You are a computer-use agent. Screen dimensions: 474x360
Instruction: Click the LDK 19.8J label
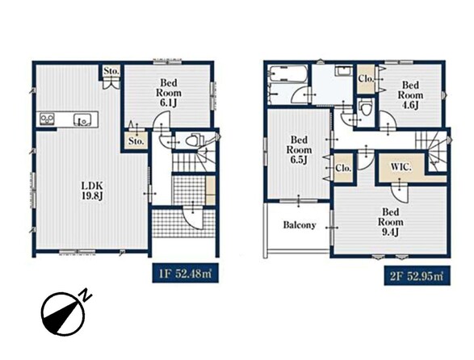pos(93,191)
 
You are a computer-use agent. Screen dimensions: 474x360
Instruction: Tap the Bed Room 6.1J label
pos(169,93)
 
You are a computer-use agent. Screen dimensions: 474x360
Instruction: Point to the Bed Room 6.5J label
pos(299,149)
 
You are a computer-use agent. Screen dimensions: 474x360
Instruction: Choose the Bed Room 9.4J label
pos(390,222)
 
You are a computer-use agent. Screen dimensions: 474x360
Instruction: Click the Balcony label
pos(300,225)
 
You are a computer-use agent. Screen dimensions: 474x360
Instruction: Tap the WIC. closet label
pos(401,167)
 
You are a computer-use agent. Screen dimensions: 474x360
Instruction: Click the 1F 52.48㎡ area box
pos(185,274)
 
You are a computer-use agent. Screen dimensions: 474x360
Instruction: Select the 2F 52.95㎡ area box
pos(417,276)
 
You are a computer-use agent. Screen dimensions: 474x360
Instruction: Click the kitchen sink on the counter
pos(82,119)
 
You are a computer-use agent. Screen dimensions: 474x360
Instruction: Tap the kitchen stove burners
pos(47,119)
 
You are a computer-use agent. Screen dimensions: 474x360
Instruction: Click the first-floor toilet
pos(192,140)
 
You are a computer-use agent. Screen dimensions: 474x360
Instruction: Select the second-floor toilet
pos(366,108)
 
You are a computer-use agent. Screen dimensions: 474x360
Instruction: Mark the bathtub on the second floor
pos(288,73)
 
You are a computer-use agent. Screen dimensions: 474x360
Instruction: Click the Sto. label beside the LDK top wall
pos(111,71)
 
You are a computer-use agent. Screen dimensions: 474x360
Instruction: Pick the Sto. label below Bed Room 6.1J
pos(136,141)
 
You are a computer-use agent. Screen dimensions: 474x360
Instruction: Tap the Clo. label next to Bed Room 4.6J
pos(367,78)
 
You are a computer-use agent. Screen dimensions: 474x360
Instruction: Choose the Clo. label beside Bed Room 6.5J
pos(343,168)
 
